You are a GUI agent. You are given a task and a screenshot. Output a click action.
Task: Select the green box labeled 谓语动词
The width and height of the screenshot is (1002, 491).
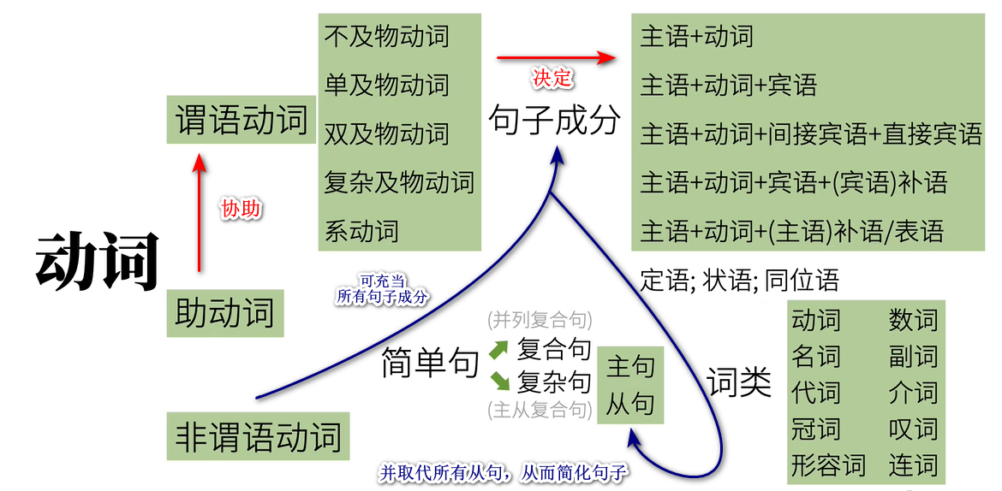point(241,120)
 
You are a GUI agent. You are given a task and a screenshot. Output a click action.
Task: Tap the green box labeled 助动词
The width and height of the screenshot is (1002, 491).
point(224,313)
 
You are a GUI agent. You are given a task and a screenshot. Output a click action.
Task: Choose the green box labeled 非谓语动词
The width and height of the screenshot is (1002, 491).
point(258,436)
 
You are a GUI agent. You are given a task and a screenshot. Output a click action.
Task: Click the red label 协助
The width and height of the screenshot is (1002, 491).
point(242,209)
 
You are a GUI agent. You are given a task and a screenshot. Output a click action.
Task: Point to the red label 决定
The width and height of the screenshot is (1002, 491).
point(552,79)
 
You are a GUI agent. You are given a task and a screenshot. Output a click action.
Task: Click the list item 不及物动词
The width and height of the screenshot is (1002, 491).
point(386,37)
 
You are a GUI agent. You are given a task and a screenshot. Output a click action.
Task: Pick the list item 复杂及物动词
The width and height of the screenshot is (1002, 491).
point(398,182)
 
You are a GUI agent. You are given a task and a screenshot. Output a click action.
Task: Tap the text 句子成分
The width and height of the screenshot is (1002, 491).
point(553,121)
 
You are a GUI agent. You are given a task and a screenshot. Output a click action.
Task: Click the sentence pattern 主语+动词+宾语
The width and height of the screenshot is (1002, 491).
point(728,86)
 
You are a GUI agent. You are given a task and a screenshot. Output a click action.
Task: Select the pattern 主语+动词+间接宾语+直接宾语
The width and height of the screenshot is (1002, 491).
point(810,134)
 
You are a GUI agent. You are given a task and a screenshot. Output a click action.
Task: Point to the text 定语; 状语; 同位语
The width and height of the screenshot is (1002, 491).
point(739,281)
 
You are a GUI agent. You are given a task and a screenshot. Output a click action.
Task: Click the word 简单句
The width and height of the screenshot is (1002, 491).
point(429,364)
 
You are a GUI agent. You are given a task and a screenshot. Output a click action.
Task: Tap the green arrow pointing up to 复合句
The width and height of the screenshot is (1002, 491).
point(498,350)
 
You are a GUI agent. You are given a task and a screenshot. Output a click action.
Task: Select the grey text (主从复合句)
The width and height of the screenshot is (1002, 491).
point(540,410)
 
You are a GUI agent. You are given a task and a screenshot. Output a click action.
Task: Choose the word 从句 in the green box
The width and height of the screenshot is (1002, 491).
point(630,404)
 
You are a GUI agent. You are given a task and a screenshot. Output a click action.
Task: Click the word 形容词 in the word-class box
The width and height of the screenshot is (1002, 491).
point(828,465)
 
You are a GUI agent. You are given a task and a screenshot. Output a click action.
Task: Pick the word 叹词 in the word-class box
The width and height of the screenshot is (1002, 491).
point(913,429)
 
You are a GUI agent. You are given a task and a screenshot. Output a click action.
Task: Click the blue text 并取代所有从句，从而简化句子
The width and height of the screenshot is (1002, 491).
point(504,472)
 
